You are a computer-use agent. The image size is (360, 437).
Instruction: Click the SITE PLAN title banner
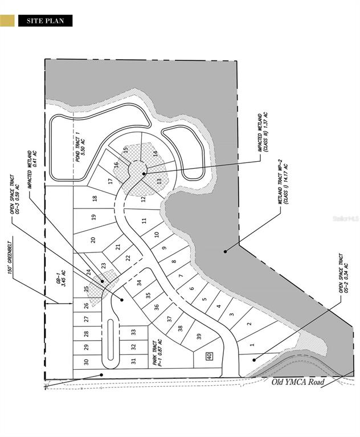pos(45,21)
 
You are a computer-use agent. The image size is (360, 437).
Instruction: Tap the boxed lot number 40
pos(209,356)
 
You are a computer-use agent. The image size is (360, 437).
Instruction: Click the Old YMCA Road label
pos(297,382)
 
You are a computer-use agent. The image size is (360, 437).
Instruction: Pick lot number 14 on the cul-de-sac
pos(155,153)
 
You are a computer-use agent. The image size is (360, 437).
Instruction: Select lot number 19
pos(94,217)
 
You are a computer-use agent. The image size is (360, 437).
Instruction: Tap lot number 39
pos(198,336)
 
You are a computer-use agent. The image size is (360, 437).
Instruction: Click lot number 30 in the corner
pos(86,362)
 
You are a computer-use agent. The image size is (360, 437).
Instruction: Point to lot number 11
pos(145,220)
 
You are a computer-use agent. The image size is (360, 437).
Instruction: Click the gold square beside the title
pos(7,21)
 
